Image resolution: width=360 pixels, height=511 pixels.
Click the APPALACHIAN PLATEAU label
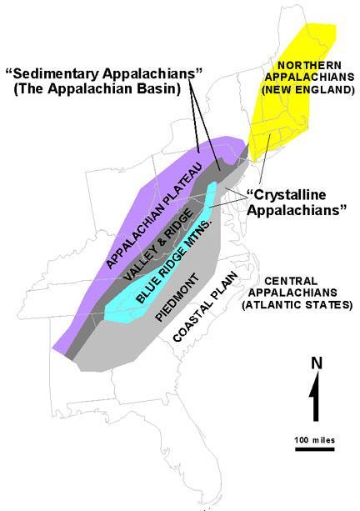pos(154,211)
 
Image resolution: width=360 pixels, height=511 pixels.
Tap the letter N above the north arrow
pos(316,363)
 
